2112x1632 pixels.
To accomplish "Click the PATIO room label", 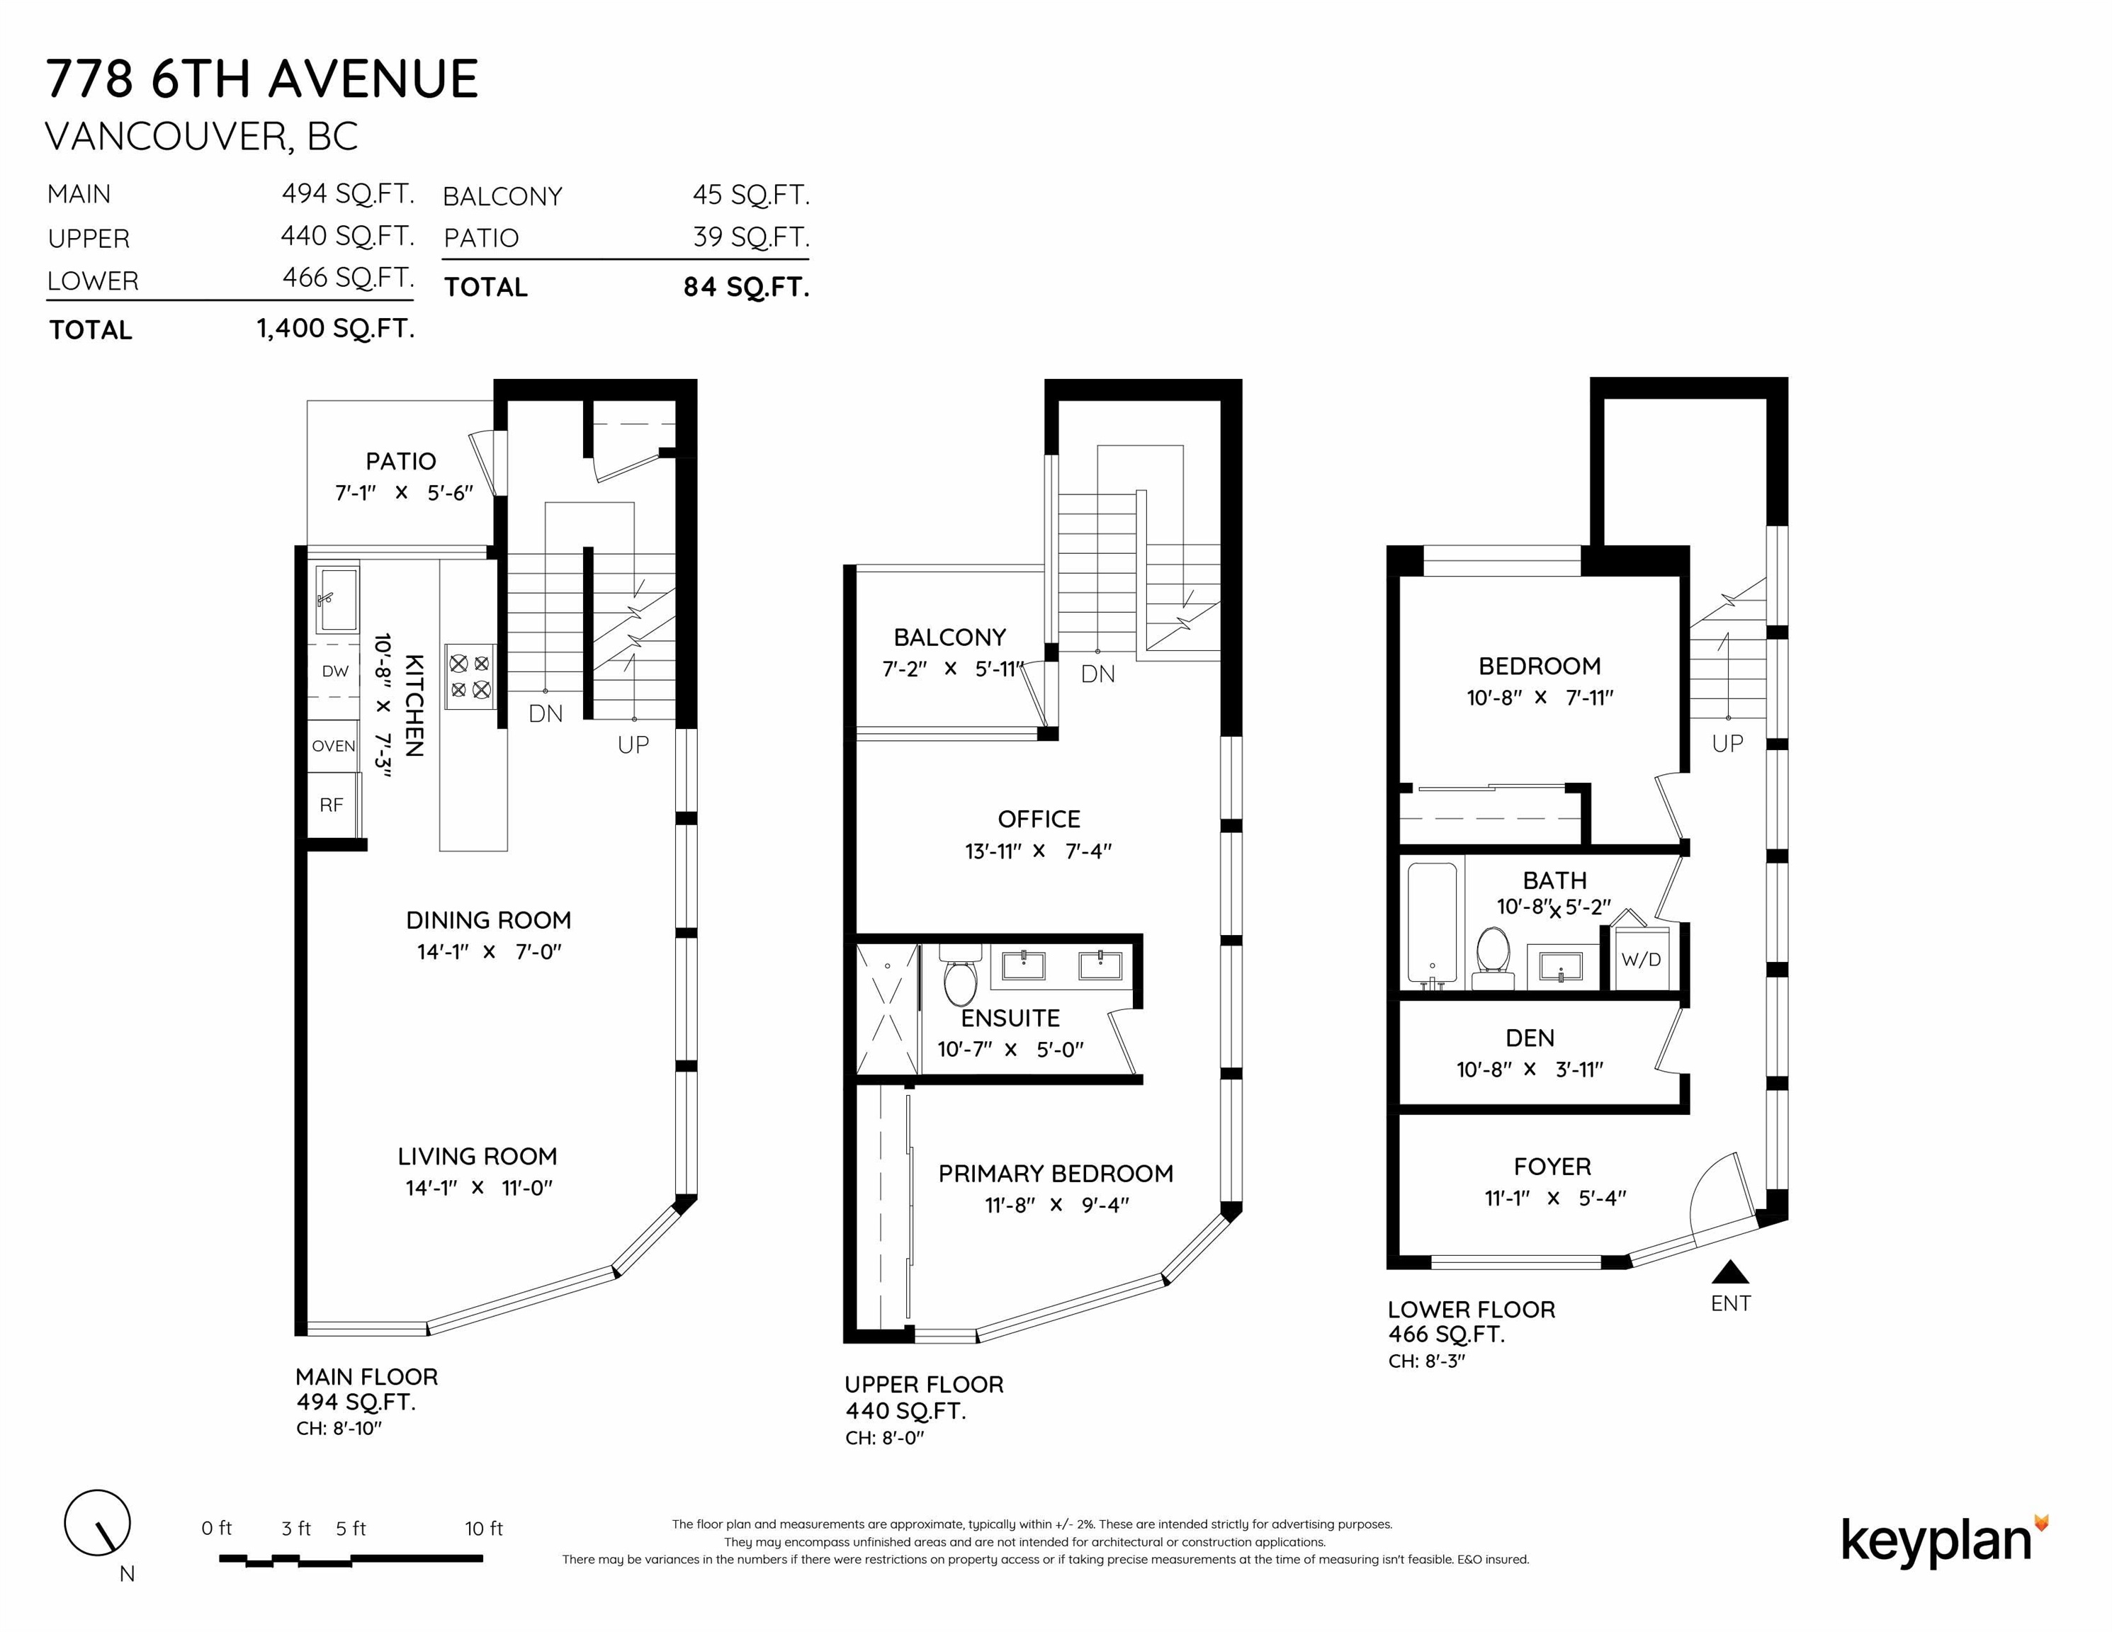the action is pos(400,461).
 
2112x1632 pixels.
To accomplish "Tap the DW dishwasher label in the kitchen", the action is pos(334,671).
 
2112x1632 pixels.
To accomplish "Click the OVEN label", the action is pos(334,745).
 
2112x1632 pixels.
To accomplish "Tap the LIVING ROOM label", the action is pos(478,1156).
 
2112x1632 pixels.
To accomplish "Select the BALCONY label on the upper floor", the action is pos(949,637).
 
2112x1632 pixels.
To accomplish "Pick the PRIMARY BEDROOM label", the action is pos(1056,1174).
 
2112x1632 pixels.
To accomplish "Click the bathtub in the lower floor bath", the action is pos(1432,924).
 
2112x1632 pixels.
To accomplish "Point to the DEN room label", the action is pos(1530,1038).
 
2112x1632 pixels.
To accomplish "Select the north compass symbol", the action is pos(98,1523).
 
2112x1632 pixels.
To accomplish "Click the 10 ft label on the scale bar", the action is pos(483,1529).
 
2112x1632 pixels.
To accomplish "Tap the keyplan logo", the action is pos(1945,1542).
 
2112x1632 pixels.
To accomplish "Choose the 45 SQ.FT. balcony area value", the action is pos(750,195).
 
